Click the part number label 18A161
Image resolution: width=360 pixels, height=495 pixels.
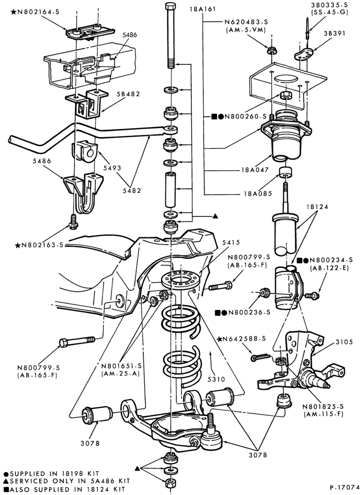click(x=202, y=9)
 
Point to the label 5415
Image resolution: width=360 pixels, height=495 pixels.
click(x=231, y=243)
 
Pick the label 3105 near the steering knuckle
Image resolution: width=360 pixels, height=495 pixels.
click(x=344, y=342)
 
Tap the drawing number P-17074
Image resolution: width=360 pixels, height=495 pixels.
click(x=345, y=487)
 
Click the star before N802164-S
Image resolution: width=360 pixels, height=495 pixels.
click(x=13, y=12)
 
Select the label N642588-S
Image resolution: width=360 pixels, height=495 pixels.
click(x=244, y=339)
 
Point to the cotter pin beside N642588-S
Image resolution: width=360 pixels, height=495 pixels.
click(x=261, y=358)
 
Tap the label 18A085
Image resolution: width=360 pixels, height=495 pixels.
click(x=258, y=193)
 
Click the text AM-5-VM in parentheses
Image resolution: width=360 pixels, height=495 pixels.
click(x=246, y=30)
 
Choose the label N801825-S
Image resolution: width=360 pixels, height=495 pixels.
click(x=323, y=406)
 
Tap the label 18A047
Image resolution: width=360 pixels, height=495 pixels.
click(x=257, y=169)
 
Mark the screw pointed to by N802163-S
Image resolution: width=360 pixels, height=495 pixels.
click(x=74, y=221)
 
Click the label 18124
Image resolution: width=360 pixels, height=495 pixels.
click(x=317, y=207)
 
